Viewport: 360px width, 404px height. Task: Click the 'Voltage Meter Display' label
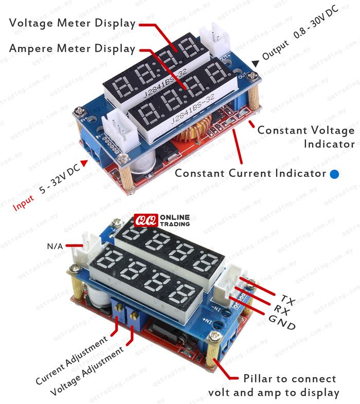point(72,23)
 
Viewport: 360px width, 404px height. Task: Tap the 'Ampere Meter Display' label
point(72,49)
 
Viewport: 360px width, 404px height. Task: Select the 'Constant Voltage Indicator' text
point(306,137)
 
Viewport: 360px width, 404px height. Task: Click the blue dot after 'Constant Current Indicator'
point(335,174)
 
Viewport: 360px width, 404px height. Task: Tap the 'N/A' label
point(55,246)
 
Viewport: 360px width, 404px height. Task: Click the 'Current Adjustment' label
point(72,360)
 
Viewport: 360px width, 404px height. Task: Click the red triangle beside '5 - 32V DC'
point(82,163)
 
